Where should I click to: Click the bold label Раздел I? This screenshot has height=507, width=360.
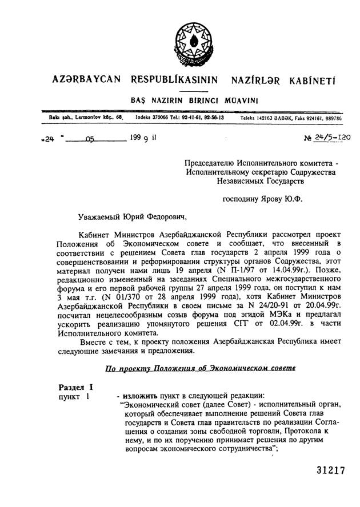(x=76, y=388)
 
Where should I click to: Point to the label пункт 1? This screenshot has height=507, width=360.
(x=74, y=397)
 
